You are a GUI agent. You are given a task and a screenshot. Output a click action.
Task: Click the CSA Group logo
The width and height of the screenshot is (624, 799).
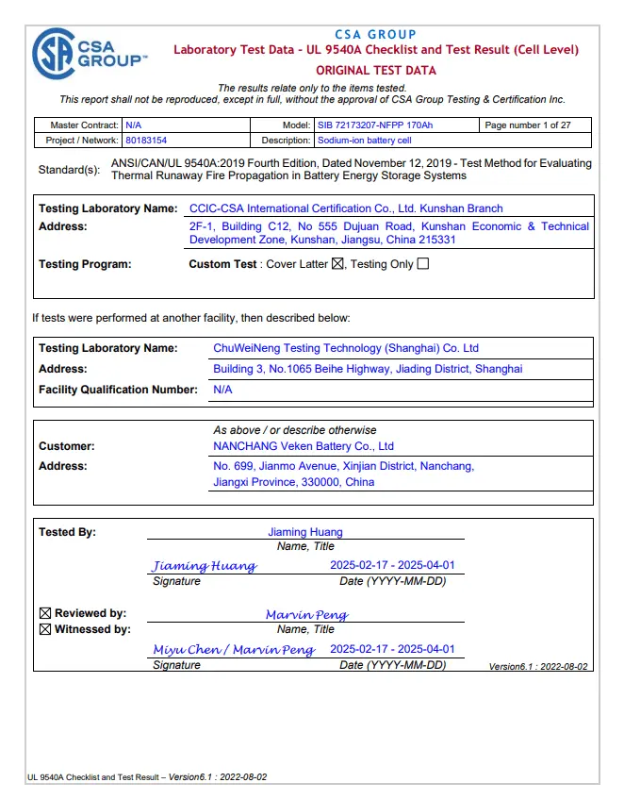[89, 53]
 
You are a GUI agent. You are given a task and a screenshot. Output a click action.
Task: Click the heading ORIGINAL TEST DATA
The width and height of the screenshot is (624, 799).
[375, 70]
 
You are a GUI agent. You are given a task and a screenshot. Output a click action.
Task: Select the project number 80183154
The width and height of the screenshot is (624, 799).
[146, 141]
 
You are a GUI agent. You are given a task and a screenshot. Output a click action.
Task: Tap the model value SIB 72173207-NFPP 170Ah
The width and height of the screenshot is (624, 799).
[374, 125]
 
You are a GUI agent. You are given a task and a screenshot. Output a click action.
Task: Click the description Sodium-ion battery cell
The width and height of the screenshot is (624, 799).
[364, 141]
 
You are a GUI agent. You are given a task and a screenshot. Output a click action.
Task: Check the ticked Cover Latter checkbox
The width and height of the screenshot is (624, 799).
[338, 264]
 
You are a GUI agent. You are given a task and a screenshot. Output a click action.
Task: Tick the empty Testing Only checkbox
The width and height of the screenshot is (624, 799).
[422, 264]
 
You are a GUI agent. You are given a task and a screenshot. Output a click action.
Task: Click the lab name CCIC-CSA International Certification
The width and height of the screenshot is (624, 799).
[346, 208]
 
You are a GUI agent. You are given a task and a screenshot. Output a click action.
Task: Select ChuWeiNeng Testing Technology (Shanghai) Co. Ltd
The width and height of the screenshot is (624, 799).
[346, 348]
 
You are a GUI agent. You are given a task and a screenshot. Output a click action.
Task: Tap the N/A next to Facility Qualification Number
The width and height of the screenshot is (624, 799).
[222, 389]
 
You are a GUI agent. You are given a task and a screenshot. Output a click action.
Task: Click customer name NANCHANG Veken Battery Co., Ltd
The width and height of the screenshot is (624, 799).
[304, 446]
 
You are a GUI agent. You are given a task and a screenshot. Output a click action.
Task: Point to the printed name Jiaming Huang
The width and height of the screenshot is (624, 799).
[305, 532]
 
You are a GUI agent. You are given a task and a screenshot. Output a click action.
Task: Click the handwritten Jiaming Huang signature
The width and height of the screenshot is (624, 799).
[205, 566]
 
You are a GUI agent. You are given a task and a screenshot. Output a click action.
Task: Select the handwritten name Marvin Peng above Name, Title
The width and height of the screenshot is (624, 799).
[306, 615]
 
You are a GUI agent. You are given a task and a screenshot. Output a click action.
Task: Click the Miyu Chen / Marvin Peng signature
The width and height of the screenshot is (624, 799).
[234, 650]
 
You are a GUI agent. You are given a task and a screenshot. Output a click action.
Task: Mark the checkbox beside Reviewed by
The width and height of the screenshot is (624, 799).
[44, 614]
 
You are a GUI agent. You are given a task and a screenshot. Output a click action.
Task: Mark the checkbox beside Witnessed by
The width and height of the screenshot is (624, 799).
[44, 629]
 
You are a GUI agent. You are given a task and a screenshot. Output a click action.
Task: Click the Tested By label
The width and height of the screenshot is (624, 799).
[67, 532]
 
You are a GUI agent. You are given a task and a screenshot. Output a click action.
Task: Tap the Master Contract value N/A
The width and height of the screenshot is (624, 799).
[133, 125]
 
